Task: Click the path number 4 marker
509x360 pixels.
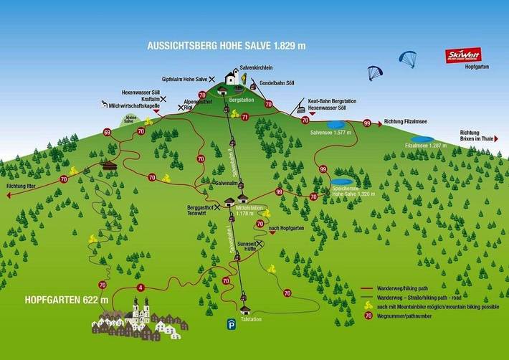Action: [141, 288]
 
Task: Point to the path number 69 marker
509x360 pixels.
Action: [107, 132]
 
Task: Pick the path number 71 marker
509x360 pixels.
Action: [244, 117]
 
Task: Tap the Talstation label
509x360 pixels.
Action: [252, 319]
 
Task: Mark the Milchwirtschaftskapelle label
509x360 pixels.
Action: [132, 105]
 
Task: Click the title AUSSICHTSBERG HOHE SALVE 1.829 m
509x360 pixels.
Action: [226, 45]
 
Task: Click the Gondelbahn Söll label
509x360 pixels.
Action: [277, 82]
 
